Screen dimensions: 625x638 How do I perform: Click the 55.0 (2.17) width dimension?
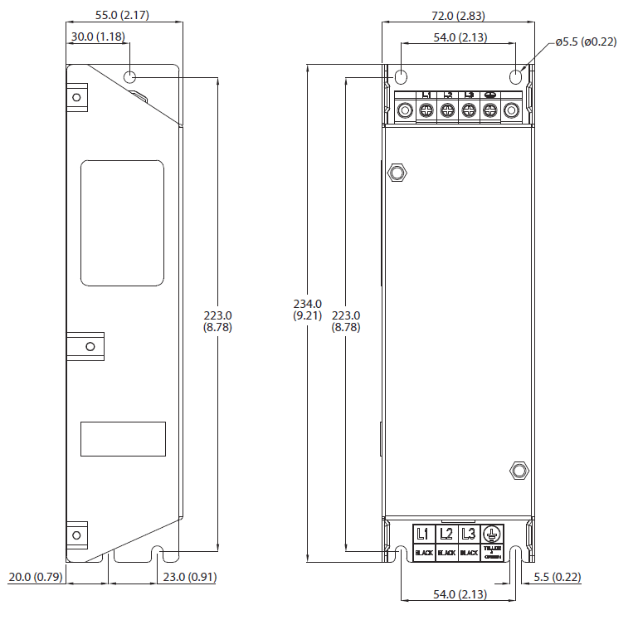pos(124,16)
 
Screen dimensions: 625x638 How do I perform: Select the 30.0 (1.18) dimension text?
pos(97,37)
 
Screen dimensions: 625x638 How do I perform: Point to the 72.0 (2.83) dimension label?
pos(457,16)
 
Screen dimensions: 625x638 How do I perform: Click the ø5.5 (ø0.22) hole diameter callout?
pos(586,42)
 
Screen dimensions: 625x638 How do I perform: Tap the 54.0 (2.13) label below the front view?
pos(460,594)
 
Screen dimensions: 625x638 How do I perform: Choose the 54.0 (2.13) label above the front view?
pos(460,37)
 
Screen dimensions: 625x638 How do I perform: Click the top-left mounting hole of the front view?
pos(401,77)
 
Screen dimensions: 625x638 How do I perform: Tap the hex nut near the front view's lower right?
pos(519,471)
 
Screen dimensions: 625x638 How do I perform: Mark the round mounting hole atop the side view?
pos(130,77)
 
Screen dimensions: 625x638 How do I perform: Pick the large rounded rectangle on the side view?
pos(122,223)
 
